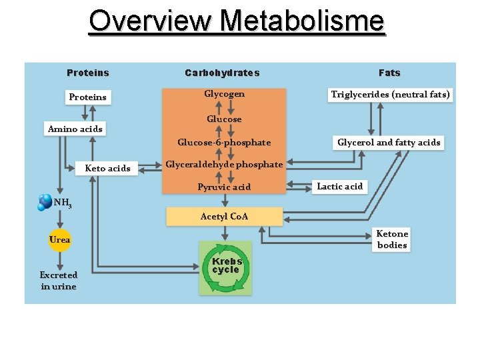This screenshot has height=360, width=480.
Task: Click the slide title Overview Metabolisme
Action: [x=237, y=21]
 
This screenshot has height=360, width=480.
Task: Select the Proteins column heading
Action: [x=88, y=73]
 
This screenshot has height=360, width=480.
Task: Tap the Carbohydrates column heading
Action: [x=222, y=73]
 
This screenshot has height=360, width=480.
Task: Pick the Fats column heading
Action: [x=389, y=73]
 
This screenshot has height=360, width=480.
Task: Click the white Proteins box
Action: [x=87, y=97]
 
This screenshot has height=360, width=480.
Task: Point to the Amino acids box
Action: [x=75, y=129]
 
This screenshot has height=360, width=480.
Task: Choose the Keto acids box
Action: [x=107, y=168]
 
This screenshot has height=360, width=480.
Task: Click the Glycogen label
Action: [x=224, y=94]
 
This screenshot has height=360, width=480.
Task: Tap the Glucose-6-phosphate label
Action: [x=224, y=142]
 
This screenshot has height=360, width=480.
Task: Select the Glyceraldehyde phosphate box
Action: [x=224, y=164]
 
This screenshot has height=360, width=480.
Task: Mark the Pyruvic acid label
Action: [x=224, y=187]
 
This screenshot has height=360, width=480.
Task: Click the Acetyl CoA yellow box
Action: [x=225, y=216]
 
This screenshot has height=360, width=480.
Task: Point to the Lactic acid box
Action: [x=339, y=186]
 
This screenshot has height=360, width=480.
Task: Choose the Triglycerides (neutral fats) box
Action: [x=391, y=95]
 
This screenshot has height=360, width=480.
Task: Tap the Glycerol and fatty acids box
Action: [x=389, y=142]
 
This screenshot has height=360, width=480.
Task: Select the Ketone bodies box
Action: [x=392, y=239]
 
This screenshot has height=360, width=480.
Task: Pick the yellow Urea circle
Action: [x=59, y=240]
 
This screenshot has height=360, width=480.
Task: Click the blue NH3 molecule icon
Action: [x=45, y=202]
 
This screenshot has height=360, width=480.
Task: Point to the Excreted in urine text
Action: [x=59, y=281]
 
